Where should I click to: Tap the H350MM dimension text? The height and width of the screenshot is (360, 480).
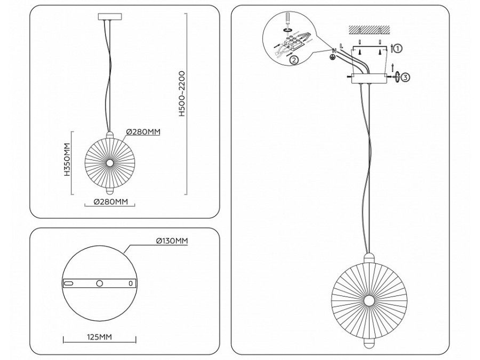pos(67,159)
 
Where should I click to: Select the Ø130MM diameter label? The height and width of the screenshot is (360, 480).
pos(172,241)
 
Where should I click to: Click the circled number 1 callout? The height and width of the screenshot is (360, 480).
pos(398,48)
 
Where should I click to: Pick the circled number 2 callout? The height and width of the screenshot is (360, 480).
pos(294,60)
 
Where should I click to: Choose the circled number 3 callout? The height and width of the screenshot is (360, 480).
pos(405,77)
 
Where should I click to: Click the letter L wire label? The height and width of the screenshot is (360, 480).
pos(341,47)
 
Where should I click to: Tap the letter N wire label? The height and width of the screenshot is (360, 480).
pos(334,50)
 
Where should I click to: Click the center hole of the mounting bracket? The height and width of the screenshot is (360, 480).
pos(99,284)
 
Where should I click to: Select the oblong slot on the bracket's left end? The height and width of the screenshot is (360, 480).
pos(68,284)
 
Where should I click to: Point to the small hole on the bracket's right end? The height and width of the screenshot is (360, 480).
pos(130,284)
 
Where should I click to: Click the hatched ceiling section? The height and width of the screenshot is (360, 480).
pos(369,28)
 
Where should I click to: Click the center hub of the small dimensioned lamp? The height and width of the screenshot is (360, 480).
pos(110,162)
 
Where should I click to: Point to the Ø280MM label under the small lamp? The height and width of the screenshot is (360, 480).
pos(110,202)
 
